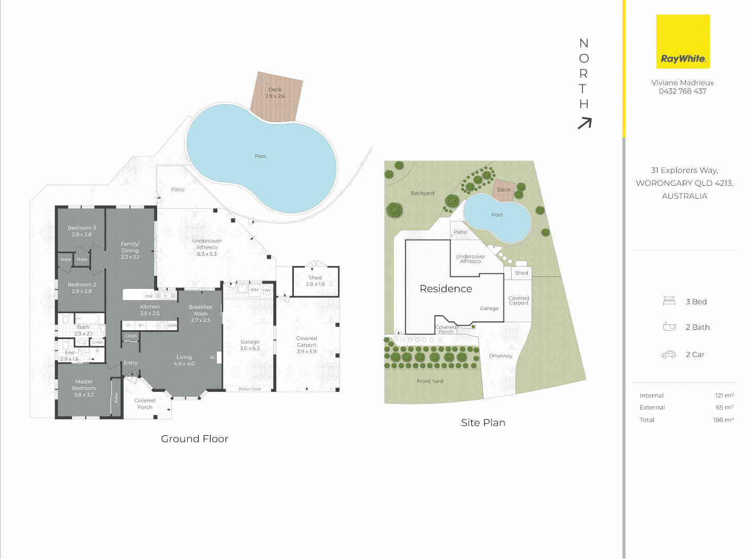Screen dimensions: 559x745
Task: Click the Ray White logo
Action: point(683,41)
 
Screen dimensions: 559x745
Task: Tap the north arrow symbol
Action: point(585,123)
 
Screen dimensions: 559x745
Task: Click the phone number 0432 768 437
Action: point(682,91)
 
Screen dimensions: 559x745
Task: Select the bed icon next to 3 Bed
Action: point(669,301)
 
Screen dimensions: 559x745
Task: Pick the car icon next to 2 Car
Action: point(669,355)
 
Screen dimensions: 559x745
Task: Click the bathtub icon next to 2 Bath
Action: point(669,327)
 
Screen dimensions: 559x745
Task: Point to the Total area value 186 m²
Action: point(723,420)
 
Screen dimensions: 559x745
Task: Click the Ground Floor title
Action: point(195,439)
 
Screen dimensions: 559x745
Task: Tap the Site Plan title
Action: point(483,423)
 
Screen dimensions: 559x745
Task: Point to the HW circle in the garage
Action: point(267,290)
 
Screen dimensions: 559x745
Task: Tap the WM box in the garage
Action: point(255,290)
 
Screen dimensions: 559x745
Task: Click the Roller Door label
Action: point(250,389)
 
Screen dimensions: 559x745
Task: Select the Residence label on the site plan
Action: point(445,289)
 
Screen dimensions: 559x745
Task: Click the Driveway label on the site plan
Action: point(500,356)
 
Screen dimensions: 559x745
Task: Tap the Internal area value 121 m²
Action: point(724,395)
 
